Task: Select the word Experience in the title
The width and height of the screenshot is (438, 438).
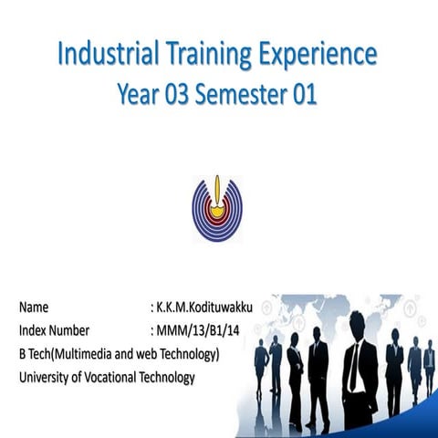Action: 315,55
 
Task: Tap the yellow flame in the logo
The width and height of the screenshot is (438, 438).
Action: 217,191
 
